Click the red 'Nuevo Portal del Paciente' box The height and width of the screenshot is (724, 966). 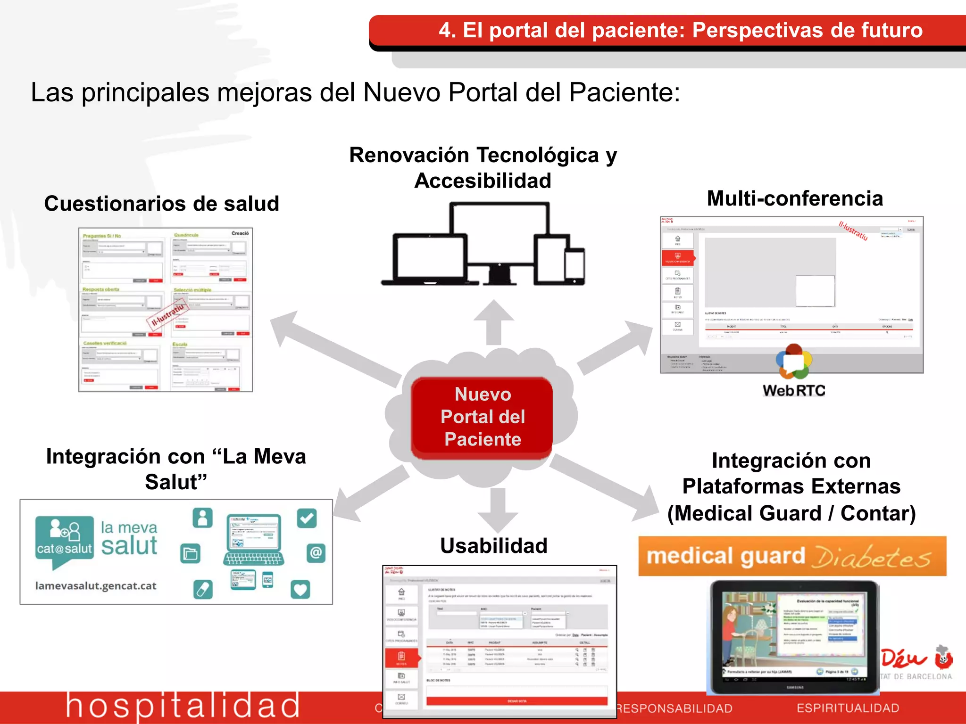pyautogui.click(x=482, y=417)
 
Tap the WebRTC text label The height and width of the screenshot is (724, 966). pyautogui.click(x=794, y=390)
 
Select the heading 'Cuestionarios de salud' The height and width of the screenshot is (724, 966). pyautogui.click(x=162, y=204)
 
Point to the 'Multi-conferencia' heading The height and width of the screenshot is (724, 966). pyautogui.click(x=795, y=198)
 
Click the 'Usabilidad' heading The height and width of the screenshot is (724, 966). pyautogui.click(x=494, y=546)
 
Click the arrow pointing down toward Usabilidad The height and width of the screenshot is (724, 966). pyautogui.click(x=498, y=509)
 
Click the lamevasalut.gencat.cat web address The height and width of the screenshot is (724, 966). pyautogui.click(x=96, y=586)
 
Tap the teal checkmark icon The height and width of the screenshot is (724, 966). pyautogui.click(x=307, y=518)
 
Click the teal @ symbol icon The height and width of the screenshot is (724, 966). pyautogui.click(x=316, y=552)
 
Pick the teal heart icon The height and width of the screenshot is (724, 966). pyautogui.click(x=300, y=589)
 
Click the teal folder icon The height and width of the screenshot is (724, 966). pyautogui.click(x=191, y=553)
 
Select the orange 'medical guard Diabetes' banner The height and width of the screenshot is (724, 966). pyautogui.click(x=792, y=557)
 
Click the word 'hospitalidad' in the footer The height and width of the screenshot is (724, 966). pyautogui.click(x=183, y=706)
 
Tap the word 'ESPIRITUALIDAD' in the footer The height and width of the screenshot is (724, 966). pyautogui.click(x=848, y=708)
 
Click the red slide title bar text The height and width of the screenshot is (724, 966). pyautogui.click(x=680, y=30)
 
